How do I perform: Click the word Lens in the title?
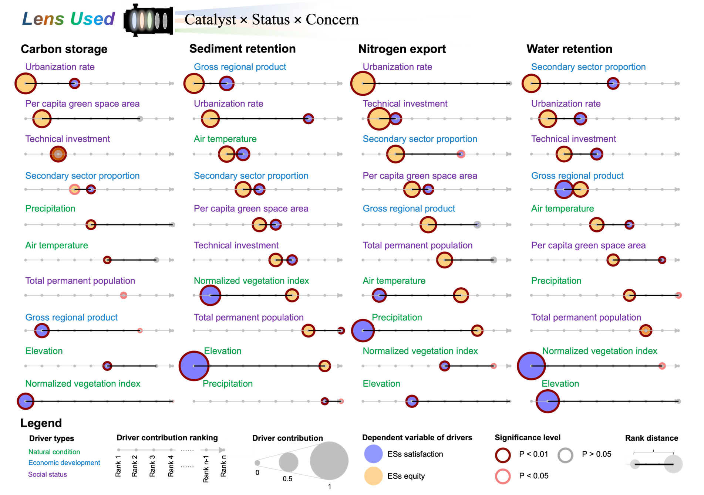pyautogui.click(x=43, y=19)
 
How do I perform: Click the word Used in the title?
pyautogui.click(x=92, y=19)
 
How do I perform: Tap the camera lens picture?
pyautogui.click(x=148, y=20)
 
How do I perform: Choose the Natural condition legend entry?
pyautogui.click(x=54, y=452)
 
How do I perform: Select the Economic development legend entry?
pyautogui.click(x=64, y=463)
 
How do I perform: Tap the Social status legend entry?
pyautogui.click(x=47, y=474)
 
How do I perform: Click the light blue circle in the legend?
pyautogui.click(x=373, y=454)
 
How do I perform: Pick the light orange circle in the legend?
pyautogui.click(x=373, y=476)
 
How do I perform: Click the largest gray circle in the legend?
pyautogui.click(x=329, y=461)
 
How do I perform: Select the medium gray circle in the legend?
pyautogui.click(x=288, y=462)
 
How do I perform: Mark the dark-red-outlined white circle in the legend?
pyautogui.click(x=503, y=455)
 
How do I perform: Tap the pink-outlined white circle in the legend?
pyautogui.click(x=503, y=477)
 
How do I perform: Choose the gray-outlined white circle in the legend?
pyautogui.click(x=565, y=455)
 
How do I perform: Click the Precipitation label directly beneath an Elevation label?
pyautogui.click(x=228, y=384)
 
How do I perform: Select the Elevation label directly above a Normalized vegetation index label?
pyautogui.click(x=44, y=351)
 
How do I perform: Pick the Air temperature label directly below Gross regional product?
pyautogui.click(x=562, y=208)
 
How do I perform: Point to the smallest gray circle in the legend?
pyautogui.click(x=257, y=462)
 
